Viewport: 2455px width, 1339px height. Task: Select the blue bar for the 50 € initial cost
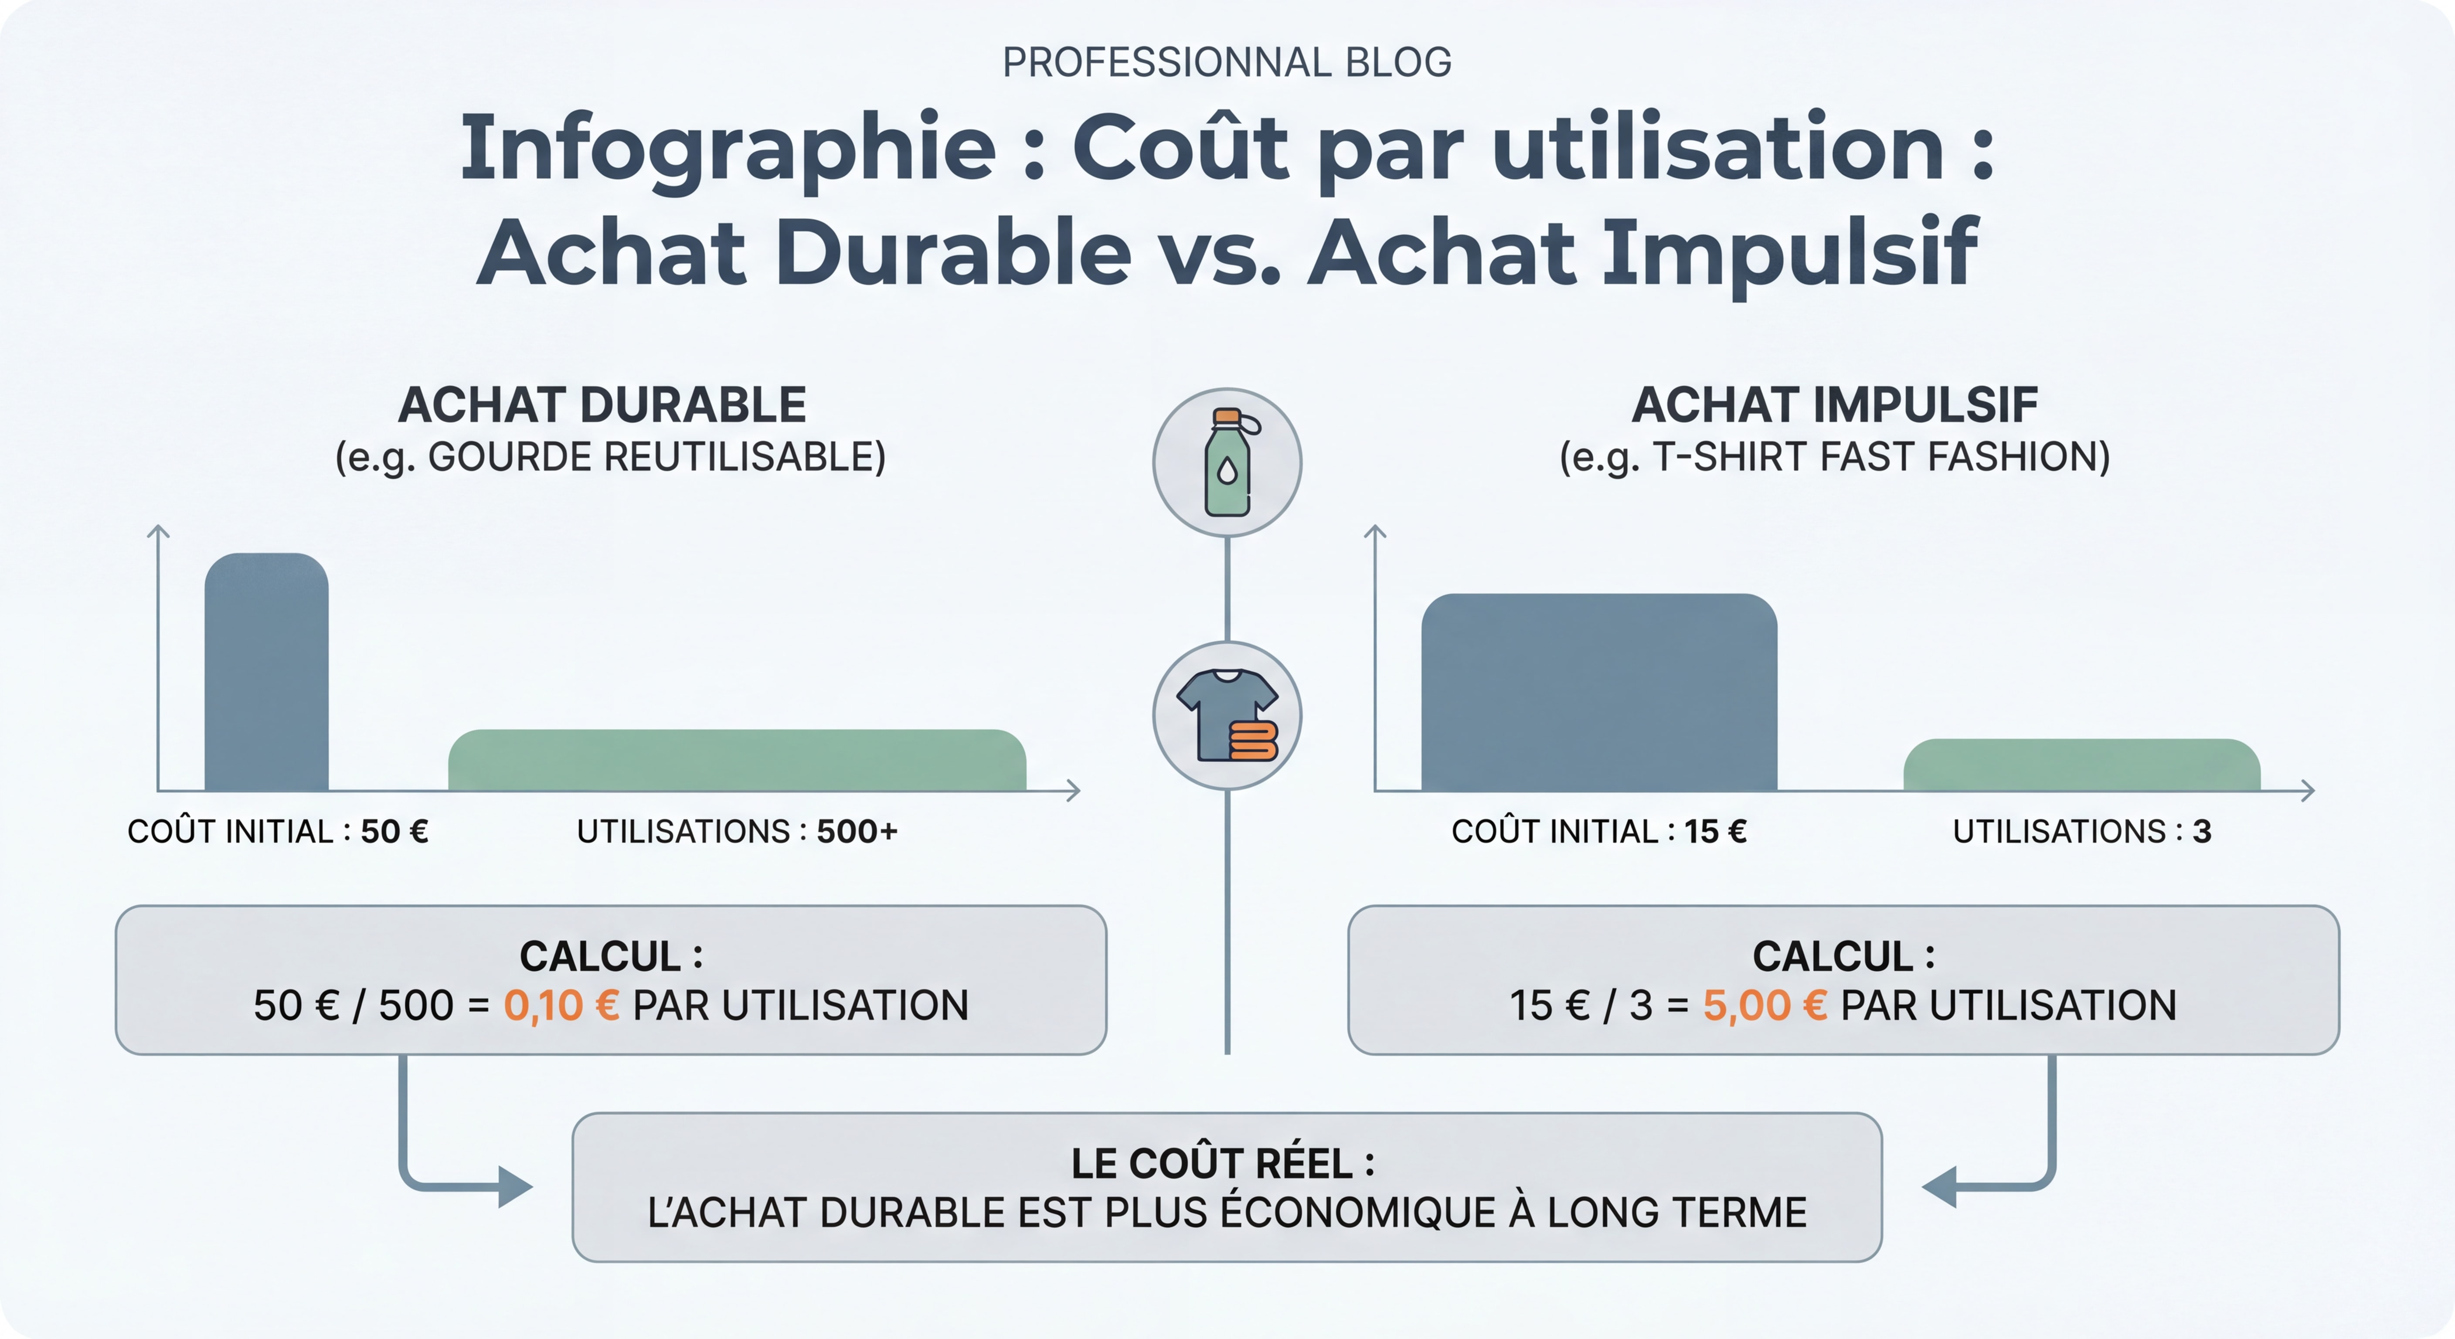(x=267, y=672)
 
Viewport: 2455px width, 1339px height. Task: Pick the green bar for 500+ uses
(x=737, y=761)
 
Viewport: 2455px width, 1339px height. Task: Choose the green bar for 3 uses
(x=2081, y=765)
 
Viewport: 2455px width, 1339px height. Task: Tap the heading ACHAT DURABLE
(x=602, y=405)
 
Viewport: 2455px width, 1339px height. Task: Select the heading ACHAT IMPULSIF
(x=1835, y=405)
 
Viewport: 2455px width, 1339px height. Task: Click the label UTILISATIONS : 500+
(x=737, y=831)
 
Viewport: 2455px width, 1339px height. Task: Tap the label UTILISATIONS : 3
(x=2081, y=831)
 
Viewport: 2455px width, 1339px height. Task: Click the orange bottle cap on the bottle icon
(x=1227, y=416)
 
